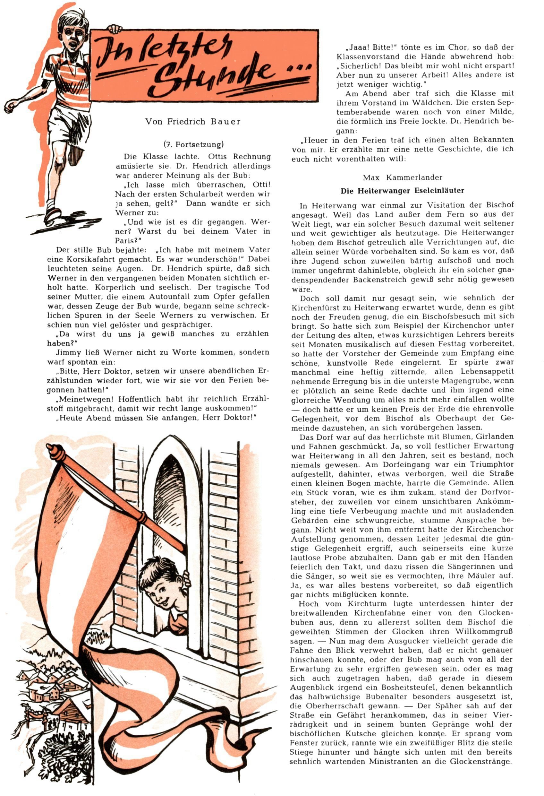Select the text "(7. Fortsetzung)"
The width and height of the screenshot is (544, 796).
click(x=193, y=144)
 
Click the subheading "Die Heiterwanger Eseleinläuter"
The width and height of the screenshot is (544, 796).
click(x=402, y=191)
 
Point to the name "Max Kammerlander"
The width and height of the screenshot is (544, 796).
click(x=402, y=177)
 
